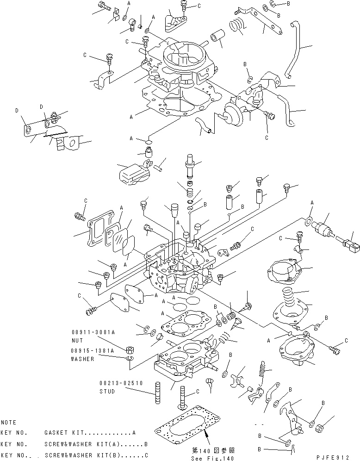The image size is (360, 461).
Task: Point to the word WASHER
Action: [x=82, y=359]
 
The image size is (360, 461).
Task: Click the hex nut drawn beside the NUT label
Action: [x=130, y=349]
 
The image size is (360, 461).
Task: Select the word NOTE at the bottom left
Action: [x=8, y=422]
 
